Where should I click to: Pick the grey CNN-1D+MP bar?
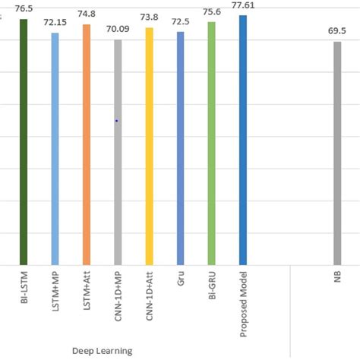[x=118, y=151]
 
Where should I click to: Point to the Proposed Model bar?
[x=243, y=140]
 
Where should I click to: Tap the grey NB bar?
[x=337, y=153]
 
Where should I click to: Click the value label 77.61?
[x=243, y=5]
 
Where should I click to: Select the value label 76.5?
[x=24, y=8]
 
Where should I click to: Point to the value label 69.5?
[x=337, y=33]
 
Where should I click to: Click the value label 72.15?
[x=55, y=24]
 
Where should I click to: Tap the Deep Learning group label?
[x=102, y=350]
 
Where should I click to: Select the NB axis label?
[x=337, y=279]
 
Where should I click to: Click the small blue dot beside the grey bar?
[x=116, y=121]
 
